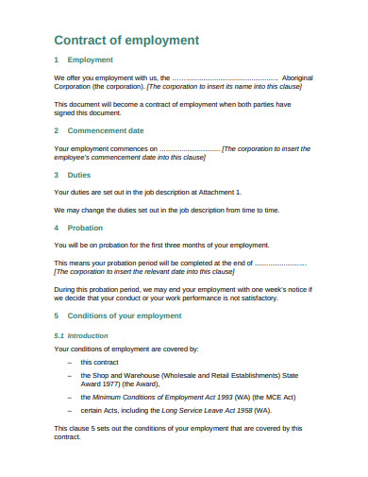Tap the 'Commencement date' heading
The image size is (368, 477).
(x=119, y=130)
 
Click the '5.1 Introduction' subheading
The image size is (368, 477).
(x=81, y=335)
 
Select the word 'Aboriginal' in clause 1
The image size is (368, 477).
(x=301, y=78)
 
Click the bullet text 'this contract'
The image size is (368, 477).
(x=99, y=362)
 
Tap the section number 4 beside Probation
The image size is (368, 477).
(x=57, y=228)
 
